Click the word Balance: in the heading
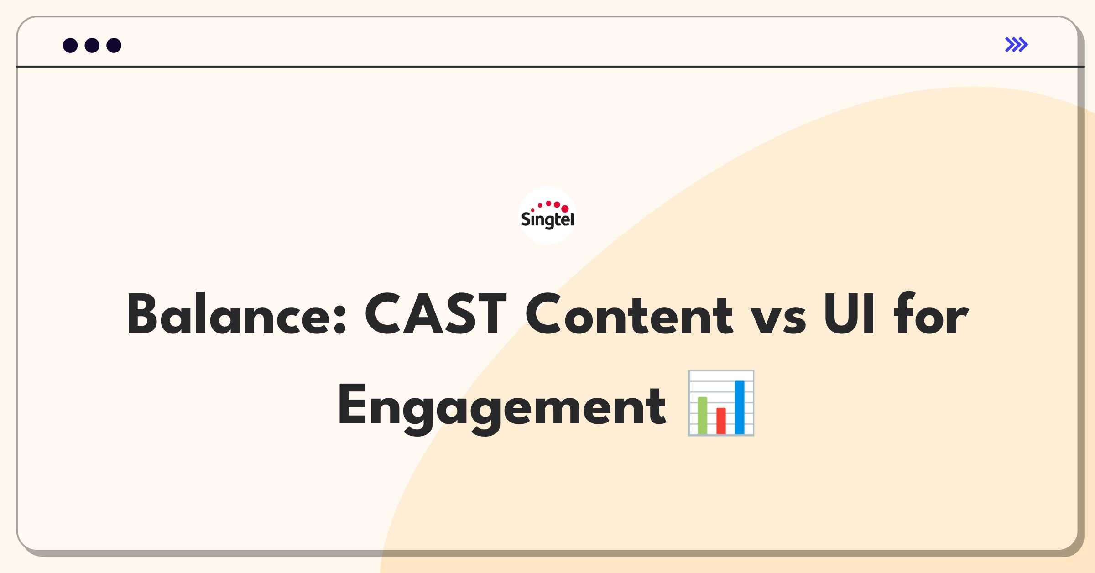237,314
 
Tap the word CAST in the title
436,314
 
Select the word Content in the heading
629,314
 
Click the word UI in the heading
850,314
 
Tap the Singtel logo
547,215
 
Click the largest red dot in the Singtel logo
565,208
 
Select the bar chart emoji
721,403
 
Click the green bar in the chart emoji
702,416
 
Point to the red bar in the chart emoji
721,421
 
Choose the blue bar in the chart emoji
740,407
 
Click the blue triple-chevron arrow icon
1017,45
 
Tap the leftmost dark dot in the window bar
70,46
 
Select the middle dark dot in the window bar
92,46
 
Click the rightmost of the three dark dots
114,46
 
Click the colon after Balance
340,319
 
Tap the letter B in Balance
145,314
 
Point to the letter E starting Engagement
352,405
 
